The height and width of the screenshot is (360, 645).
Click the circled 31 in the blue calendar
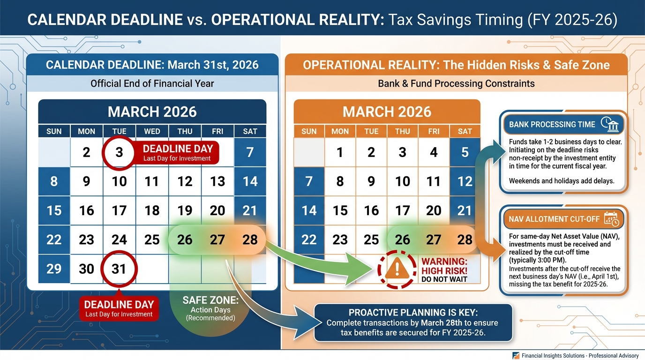119,269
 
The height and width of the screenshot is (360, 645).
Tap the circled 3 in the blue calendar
119,153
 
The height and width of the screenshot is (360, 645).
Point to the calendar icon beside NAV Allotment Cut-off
611,219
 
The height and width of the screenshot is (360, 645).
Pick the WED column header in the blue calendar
152,131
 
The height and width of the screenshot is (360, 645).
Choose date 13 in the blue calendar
217,181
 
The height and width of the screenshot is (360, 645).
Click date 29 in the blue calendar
54,269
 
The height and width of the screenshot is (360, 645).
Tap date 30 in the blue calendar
86,269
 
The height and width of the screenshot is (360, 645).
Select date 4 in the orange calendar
434,152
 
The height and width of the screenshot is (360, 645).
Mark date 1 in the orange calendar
340,152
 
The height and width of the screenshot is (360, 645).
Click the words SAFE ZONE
210,300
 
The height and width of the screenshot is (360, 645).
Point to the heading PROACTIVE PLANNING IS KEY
412,313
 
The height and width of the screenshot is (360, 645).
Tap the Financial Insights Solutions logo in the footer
516,356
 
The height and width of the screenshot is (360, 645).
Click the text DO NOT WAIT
444,280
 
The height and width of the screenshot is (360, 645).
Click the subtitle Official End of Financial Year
152,84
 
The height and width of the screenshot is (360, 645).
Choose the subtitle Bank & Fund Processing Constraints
456,84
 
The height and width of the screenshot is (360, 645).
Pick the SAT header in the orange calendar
465,131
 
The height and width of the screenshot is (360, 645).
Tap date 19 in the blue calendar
185,210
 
